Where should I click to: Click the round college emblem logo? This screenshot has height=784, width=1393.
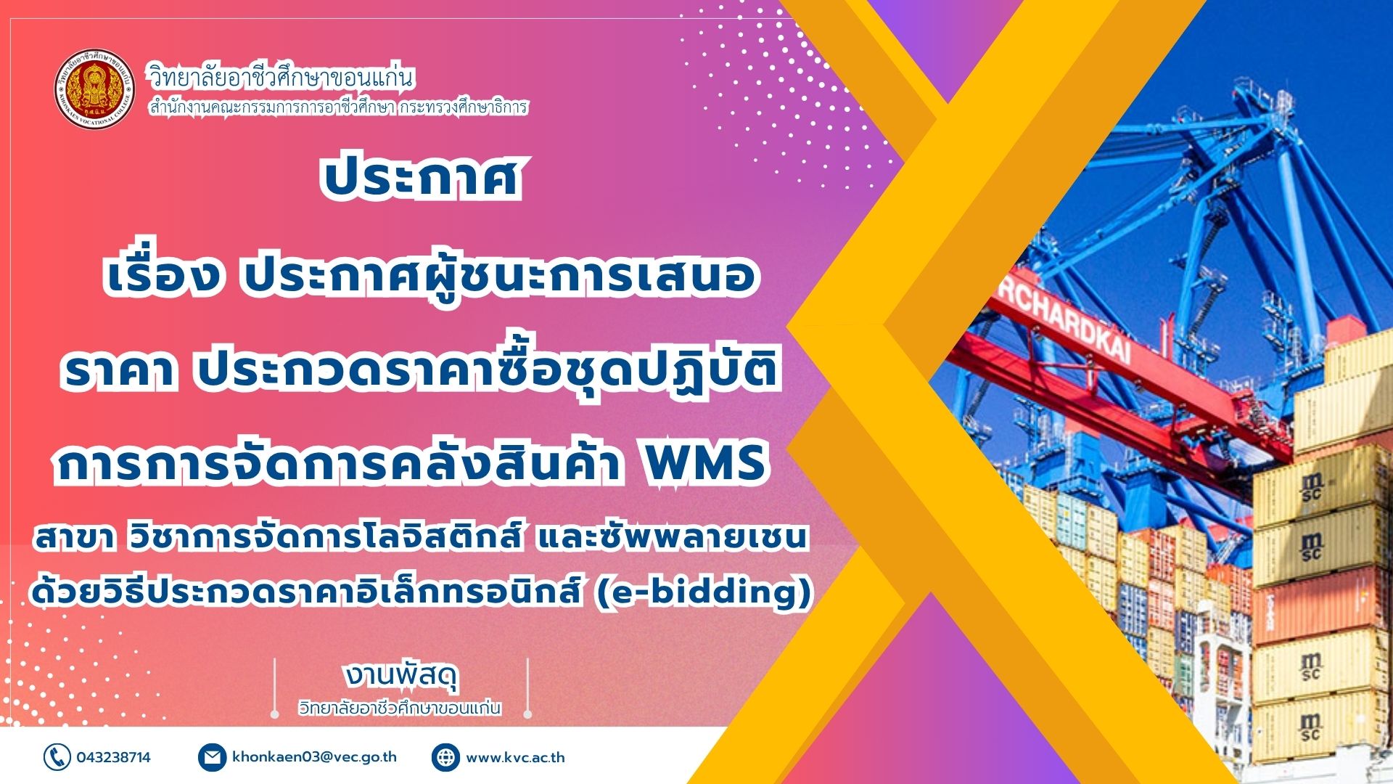(x=95, y=89)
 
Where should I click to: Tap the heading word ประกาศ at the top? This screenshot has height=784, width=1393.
(x=421, y=177)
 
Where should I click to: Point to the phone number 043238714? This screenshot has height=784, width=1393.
(x=114, y=757)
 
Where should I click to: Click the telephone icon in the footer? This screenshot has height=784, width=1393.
(x=57, y=757)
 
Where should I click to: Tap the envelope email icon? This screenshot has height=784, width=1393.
(x=212, y=757)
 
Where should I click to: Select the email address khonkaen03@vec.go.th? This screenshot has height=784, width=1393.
(x=315, y=756)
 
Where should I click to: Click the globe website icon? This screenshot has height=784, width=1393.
(x=445, y=757)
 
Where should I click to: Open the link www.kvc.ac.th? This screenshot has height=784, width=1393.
(x=515, y=757)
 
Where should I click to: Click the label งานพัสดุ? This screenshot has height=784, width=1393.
(x=401, y=676)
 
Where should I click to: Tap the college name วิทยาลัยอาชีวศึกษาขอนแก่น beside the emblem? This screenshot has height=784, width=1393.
(x=282, y=75)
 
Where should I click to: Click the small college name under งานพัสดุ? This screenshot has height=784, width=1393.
(x=400, y=707)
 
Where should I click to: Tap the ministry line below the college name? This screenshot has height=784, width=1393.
(x=338, y=107)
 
